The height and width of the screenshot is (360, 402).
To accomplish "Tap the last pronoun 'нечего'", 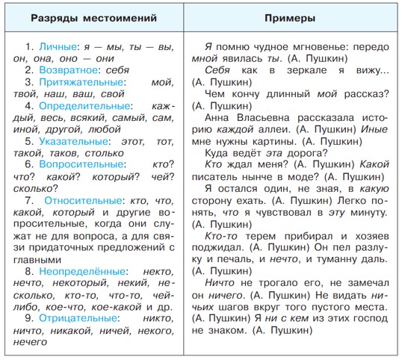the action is (31, 342).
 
